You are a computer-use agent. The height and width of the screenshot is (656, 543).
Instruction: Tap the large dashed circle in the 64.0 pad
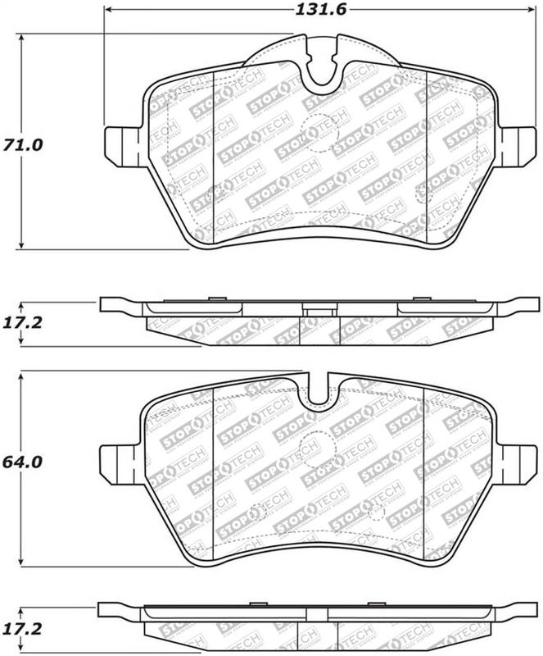(312, 447)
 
